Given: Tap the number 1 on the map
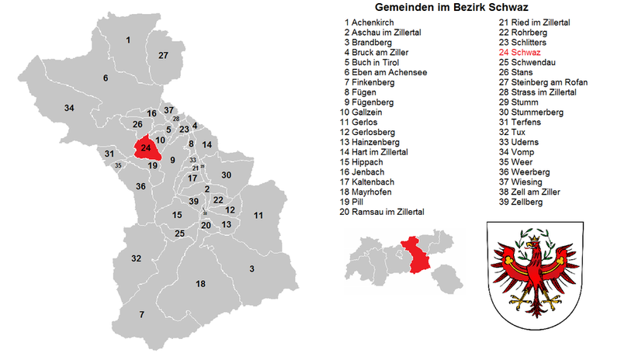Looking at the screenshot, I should [128, 40].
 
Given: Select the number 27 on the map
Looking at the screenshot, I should [163, 56].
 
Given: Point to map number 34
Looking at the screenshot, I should [69, 107].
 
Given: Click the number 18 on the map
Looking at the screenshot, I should [200, 284].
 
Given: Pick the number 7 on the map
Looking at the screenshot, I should [141, 314].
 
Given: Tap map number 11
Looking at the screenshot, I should [258, 215].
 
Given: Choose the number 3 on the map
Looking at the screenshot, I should [252, 268].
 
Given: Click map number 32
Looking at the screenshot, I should [136, 258].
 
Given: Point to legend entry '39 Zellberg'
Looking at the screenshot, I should [521, 202].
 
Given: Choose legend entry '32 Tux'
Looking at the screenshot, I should [513, 132].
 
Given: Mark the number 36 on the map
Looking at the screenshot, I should [141, 186].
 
